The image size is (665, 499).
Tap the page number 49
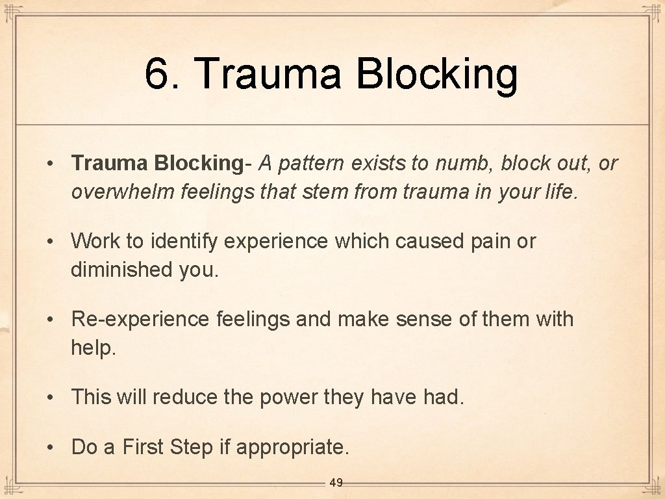tap(336, 483)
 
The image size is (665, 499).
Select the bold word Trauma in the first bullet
tap(110, 163)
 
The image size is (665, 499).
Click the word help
tap(92, 348)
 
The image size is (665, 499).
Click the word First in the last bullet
tap(144, 447)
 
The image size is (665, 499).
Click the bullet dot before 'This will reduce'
tap(50, 397)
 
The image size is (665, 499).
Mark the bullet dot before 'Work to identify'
tap(50, 242)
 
